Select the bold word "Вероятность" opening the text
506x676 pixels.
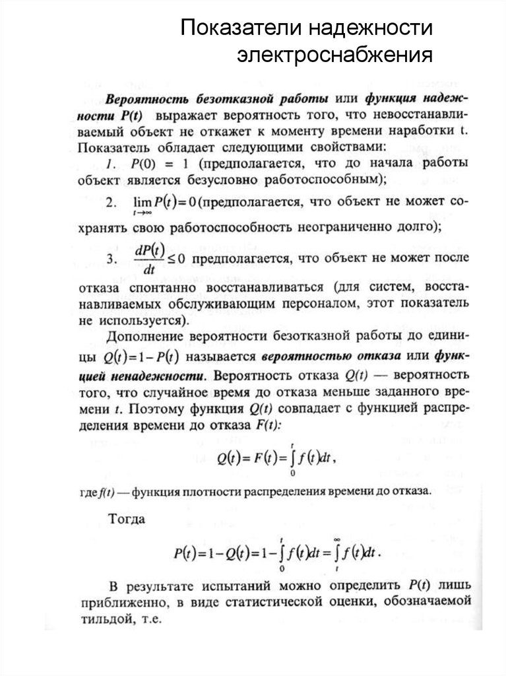[144, 100]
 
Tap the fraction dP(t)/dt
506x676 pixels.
[152, 259]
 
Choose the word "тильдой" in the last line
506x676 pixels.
[105, 621]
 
